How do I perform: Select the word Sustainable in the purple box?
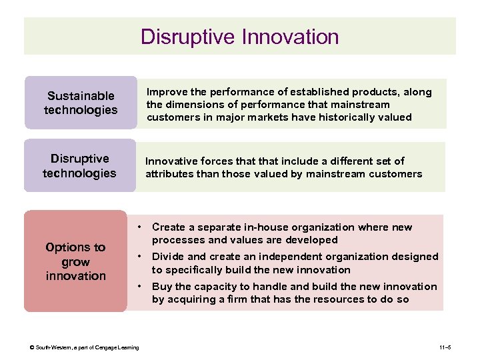pyautogui.click(x=81, y=96)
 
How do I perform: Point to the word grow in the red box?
pyautogui.click(x=75, y=261)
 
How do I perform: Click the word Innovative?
pyautogui.click(x=170, y=161)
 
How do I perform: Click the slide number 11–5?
pyautogui.click(x=447, y=347)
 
